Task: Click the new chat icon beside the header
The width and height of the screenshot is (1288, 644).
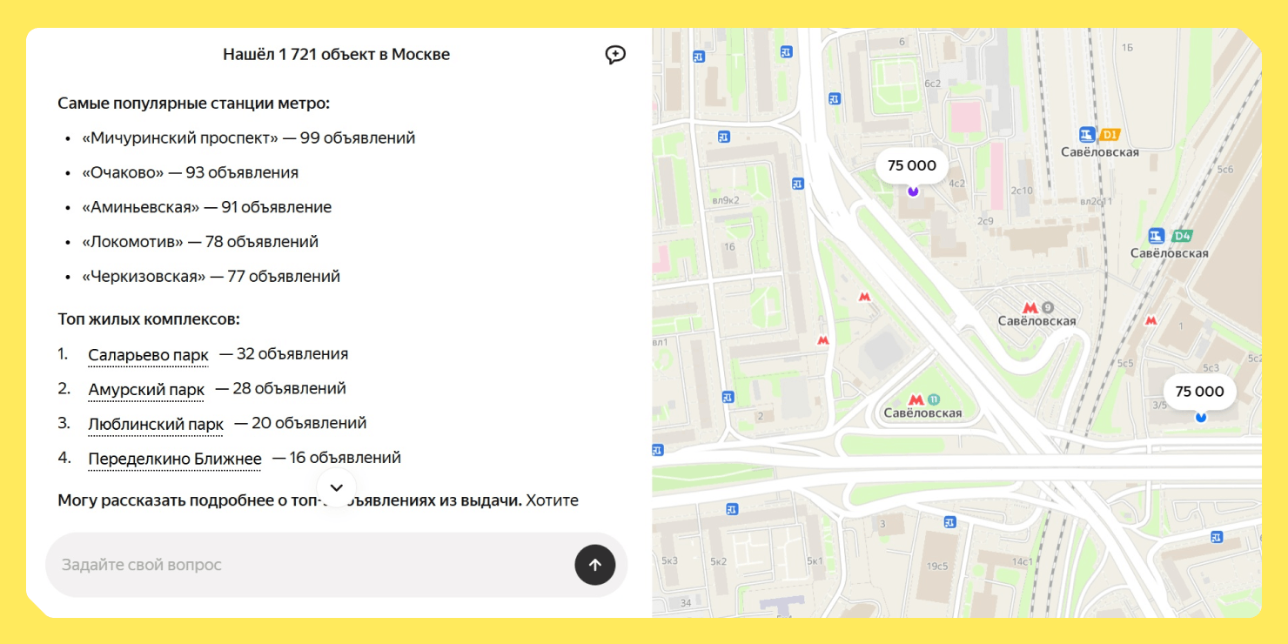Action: click(615, 55)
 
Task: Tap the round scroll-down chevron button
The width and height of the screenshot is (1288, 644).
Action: click(337, 488)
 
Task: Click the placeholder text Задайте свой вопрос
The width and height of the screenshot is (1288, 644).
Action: click(142, 565)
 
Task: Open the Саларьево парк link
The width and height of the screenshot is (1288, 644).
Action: click(148, 355)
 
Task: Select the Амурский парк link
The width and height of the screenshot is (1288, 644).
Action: click(146, 390)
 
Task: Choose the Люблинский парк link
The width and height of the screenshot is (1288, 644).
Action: click(156, 425)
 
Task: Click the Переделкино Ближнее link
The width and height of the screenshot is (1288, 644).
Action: click(174, 459)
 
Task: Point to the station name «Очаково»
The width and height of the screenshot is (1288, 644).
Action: click(123, 172)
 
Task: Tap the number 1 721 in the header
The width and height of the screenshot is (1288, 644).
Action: click(295, 55)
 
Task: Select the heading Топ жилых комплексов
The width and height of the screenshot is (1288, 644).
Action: click(149, 319)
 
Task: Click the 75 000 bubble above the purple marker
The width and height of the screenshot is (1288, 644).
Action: click(911, 165)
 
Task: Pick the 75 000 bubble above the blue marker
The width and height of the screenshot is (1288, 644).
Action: click(1199, 392)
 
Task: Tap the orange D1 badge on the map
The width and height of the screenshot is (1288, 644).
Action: click(1110, 135)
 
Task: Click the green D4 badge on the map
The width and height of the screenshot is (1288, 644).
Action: click(1181, 236)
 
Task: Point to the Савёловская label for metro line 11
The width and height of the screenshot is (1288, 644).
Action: click(922, 413)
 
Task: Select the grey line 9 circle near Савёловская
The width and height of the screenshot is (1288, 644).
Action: click(1048, 307)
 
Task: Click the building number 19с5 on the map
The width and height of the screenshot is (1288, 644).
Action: click(937, 566)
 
